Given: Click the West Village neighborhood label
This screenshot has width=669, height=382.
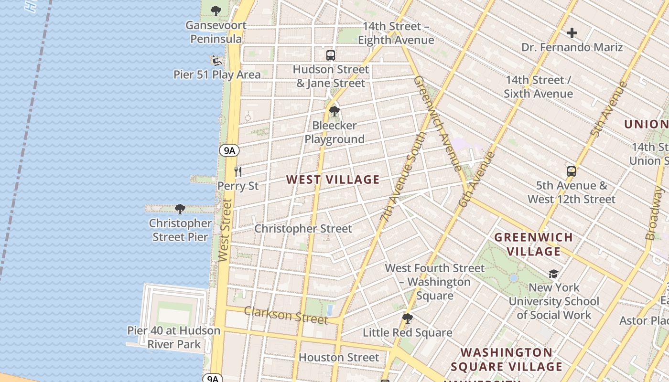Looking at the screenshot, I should [333, 180].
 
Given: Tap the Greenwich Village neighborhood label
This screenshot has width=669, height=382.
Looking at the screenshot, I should [533, 244].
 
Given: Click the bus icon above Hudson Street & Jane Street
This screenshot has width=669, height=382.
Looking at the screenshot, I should [330, 55].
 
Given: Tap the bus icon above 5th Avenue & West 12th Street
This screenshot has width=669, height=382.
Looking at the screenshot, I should [571, 171].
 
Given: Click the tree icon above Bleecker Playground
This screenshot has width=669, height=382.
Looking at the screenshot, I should [334, 111].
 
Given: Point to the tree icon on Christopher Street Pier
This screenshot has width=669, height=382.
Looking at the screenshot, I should [180, 209].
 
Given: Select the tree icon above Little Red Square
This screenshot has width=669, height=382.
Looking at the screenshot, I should [407, 318].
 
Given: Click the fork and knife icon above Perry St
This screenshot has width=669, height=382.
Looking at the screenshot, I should [238, 171].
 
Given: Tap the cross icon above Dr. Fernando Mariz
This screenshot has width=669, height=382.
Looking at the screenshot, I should [572, 33].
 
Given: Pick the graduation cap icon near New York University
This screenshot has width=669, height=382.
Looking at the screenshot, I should [553, 274].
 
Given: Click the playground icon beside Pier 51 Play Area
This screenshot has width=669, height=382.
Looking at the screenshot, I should [216, 61].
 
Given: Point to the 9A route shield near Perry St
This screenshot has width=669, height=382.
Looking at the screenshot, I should [229, 150].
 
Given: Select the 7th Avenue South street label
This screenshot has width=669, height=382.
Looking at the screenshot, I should [403, 177].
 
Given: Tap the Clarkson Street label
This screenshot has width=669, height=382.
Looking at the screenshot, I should [286, 315].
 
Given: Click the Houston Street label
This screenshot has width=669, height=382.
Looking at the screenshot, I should [338, 357].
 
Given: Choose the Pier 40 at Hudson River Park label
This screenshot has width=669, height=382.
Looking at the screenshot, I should [174, 337].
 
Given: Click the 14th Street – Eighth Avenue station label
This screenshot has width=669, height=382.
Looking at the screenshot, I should [396, 33].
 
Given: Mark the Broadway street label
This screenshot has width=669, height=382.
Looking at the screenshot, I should [655, 213].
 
